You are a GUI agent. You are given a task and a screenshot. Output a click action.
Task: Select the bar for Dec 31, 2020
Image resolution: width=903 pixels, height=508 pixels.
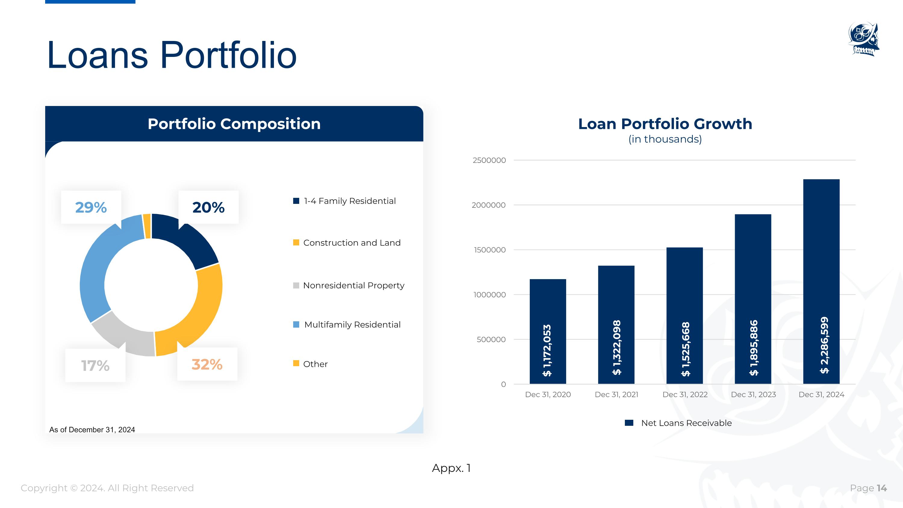[548, 331]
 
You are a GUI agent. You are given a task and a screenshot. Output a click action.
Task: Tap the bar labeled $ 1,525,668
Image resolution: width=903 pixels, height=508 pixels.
[684, 316]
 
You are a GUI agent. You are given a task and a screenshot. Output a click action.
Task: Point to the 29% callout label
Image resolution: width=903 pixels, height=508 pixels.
[91, 207]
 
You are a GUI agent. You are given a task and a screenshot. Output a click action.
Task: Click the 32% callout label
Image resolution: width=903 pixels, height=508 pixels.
[207, 364]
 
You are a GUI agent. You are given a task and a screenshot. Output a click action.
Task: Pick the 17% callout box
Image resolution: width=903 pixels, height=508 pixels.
[95, 365]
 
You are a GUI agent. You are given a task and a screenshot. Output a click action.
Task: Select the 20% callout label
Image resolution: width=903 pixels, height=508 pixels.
[209, 207]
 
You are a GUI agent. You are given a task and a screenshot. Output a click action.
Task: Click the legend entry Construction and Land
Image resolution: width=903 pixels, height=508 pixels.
[347, 243]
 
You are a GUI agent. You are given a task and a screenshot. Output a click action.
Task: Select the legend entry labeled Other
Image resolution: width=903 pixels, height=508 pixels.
[310, 364]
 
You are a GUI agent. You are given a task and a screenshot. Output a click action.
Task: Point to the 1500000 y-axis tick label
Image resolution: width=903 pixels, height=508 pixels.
[490, 250]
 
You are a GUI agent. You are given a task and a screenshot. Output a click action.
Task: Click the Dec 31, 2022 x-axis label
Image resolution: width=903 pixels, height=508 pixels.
[685, 394]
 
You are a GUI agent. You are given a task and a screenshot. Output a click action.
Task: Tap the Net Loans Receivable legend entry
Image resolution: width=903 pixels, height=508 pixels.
[678, 423]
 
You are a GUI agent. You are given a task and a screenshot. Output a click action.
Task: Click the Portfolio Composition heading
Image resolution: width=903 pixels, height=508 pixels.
[234, 124]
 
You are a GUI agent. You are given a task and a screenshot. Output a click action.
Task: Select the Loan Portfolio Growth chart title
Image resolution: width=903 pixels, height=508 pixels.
[665, 124]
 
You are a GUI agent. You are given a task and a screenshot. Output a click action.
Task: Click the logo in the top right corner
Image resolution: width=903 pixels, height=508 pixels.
[864, 39]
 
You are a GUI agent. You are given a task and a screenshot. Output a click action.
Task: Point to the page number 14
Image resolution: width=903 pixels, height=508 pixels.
[882, 488]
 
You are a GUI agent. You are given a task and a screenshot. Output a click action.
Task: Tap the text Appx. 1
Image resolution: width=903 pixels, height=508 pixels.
[451, 468]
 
